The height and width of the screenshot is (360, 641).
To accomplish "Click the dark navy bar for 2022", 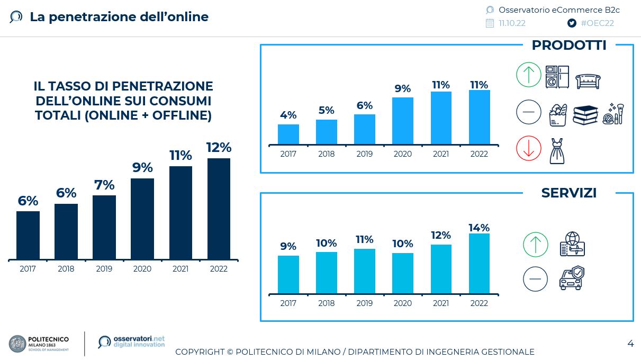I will pos(219,209).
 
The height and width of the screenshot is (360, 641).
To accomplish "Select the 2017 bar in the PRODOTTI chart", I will pos(288,134).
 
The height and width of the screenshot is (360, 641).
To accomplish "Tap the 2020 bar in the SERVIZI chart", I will pos(403,273).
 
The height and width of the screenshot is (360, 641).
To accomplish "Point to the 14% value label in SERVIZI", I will pos(479,228).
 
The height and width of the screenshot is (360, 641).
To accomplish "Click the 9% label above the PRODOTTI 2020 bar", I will pos(403,88).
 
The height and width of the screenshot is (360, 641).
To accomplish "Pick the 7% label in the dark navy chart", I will pos(104,185).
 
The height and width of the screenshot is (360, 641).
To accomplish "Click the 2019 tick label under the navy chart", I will pos(104,269).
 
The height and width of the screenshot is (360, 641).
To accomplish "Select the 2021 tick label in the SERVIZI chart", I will pos(441,303).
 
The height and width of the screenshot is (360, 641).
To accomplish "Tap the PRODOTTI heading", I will pos(569,46).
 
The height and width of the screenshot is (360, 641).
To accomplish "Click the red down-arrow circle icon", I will pos(529,148).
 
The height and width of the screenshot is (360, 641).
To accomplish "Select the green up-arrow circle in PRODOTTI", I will pos(529,75).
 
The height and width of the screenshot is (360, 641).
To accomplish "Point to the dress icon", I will pos(557,151).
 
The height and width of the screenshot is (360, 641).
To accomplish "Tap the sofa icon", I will pos(588,80).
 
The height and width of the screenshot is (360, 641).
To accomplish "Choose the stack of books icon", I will pos(585,114).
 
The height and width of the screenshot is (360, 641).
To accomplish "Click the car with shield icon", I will pos(572,278).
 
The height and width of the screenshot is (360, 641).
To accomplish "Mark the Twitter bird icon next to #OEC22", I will pos(572,23).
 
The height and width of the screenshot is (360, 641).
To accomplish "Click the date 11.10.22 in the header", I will pos(512,23).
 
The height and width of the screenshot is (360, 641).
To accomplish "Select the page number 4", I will pos(630,344).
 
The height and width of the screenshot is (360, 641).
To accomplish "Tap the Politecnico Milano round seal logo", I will pos(17,344).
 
